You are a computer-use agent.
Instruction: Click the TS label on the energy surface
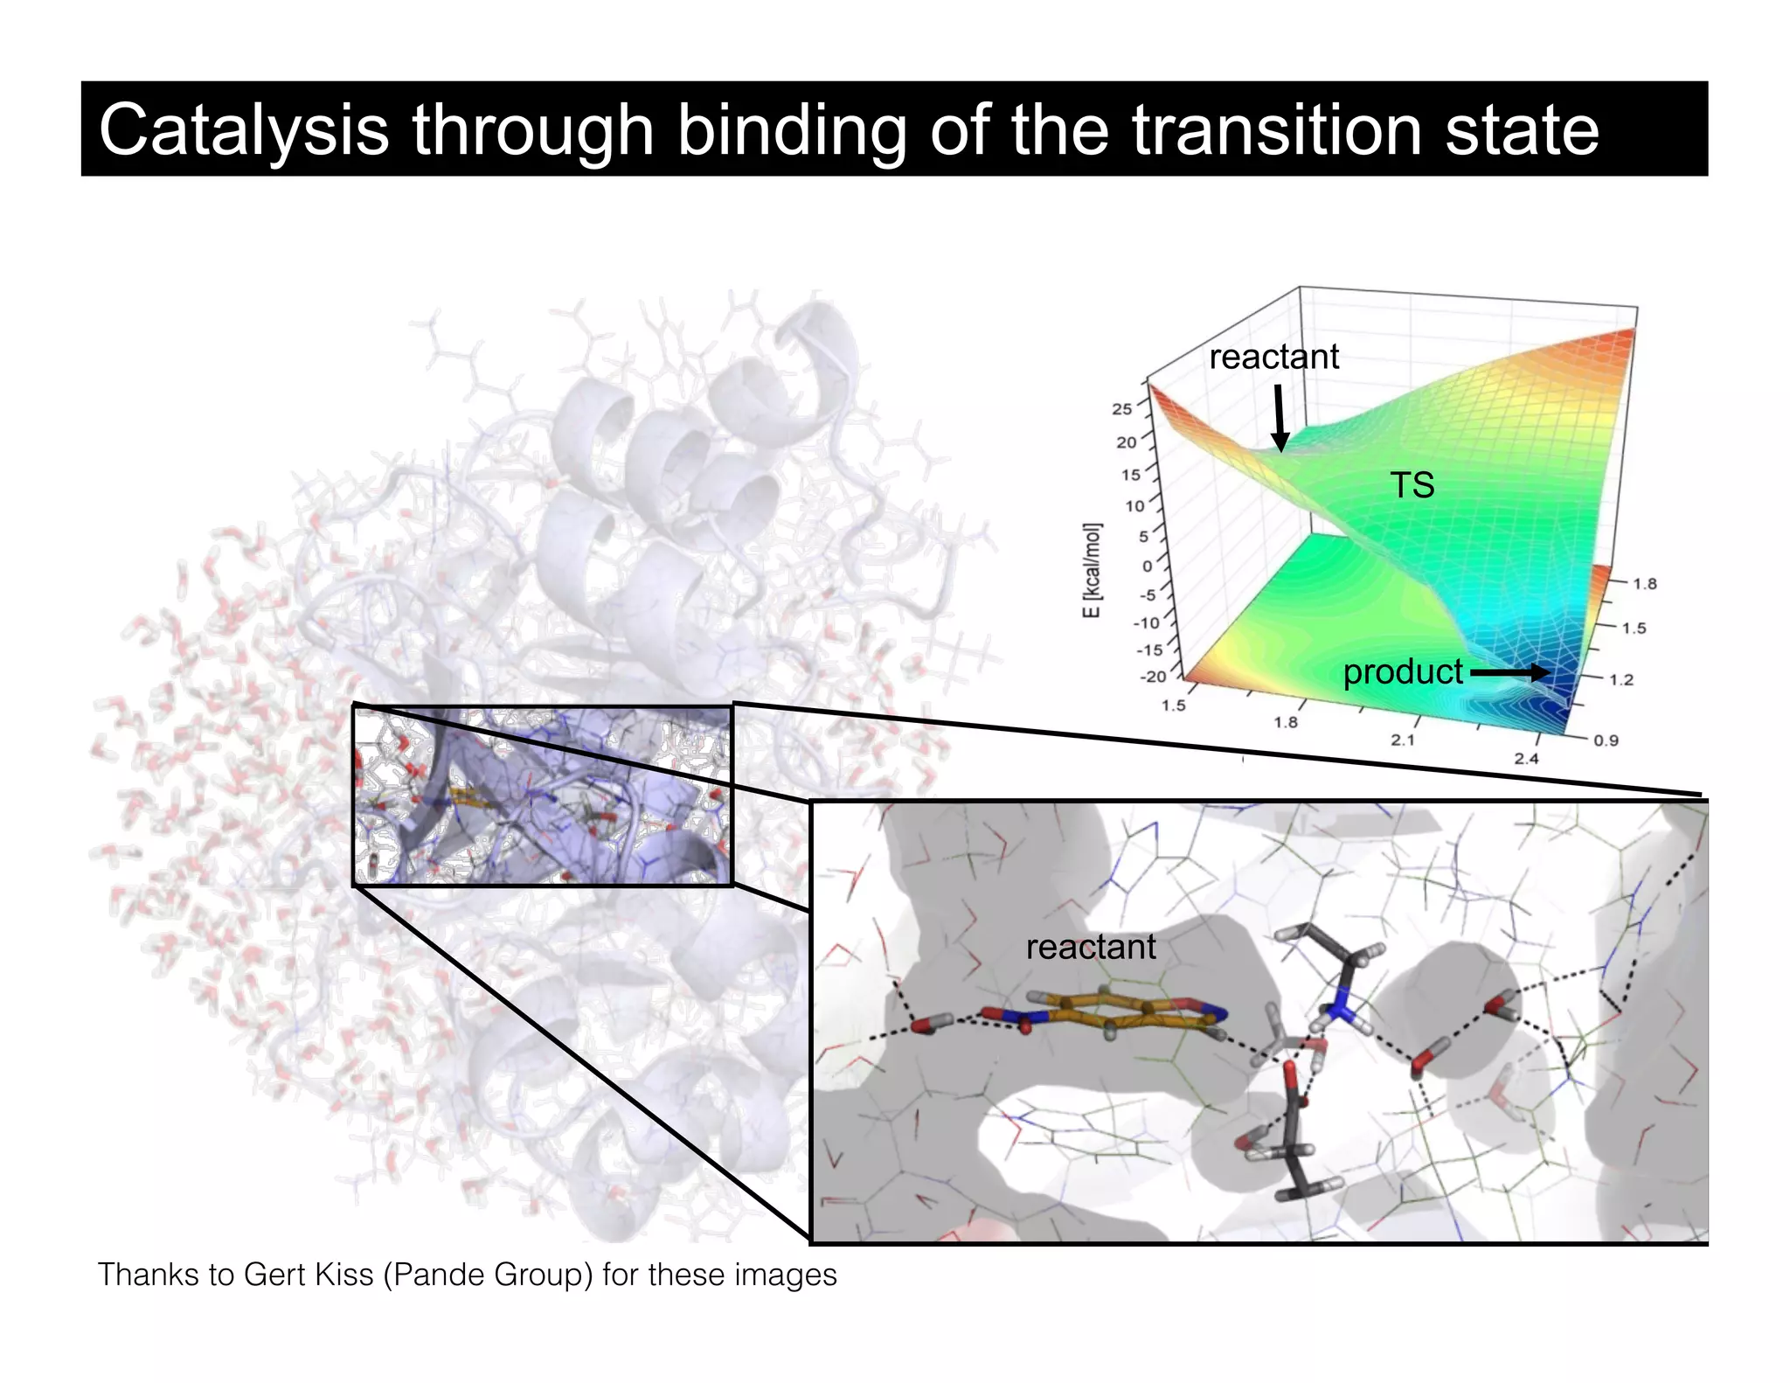click(1412, 485)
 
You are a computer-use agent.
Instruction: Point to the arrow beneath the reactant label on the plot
click(1280, 419)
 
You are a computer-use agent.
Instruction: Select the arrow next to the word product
click(1509, 672)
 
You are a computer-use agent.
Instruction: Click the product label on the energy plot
click(1402, 671)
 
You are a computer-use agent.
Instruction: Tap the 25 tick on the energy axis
click(1121, 408)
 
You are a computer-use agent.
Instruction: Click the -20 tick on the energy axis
click(1152, 677)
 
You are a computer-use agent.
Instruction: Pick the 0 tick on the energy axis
click(1147, 566)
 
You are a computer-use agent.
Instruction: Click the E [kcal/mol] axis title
click(1092, 570)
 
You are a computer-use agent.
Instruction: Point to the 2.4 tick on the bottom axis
click(1526, 759)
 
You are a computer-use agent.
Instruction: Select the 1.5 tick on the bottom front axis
click(1173, 705)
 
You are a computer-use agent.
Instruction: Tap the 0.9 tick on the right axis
click(1606, 740)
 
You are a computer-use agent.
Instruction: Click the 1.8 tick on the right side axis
click(1644, 584)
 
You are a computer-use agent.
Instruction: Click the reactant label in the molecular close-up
click(1090, 947)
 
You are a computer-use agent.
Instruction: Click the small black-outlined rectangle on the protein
click(542, 796)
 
